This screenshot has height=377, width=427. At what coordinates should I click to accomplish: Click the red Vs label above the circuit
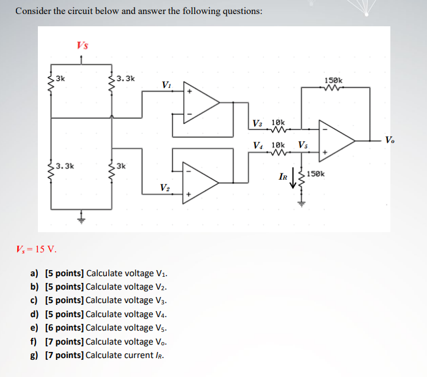(82, 45)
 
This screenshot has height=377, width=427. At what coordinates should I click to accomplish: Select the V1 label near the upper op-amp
(166, 84)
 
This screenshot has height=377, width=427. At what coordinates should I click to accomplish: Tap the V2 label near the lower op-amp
(165, 187)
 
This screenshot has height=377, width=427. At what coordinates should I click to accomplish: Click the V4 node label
(259, 145)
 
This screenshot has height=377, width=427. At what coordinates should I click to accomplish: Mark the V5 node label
(304, 145)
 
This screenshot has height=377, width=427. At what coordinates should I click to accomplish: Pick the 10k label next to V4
(278, 145)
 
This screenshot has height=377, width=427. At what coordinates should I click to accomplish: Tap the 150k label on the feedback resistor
(334, 80)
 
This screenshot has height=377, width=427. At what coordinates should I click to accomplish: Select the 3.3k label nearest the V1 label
(126, 78)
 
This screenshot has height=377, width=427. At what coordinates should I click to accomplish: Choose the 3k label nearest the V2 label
(121, 166)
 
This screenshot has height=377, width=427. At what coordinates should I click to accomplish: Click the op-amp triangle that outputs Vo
(338, 140)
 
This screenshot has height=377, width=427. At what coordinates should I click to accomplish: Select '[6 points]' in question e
(65, 328)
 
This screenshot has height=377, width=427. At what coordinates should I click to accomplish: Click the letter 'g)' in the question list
(34, 355)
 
